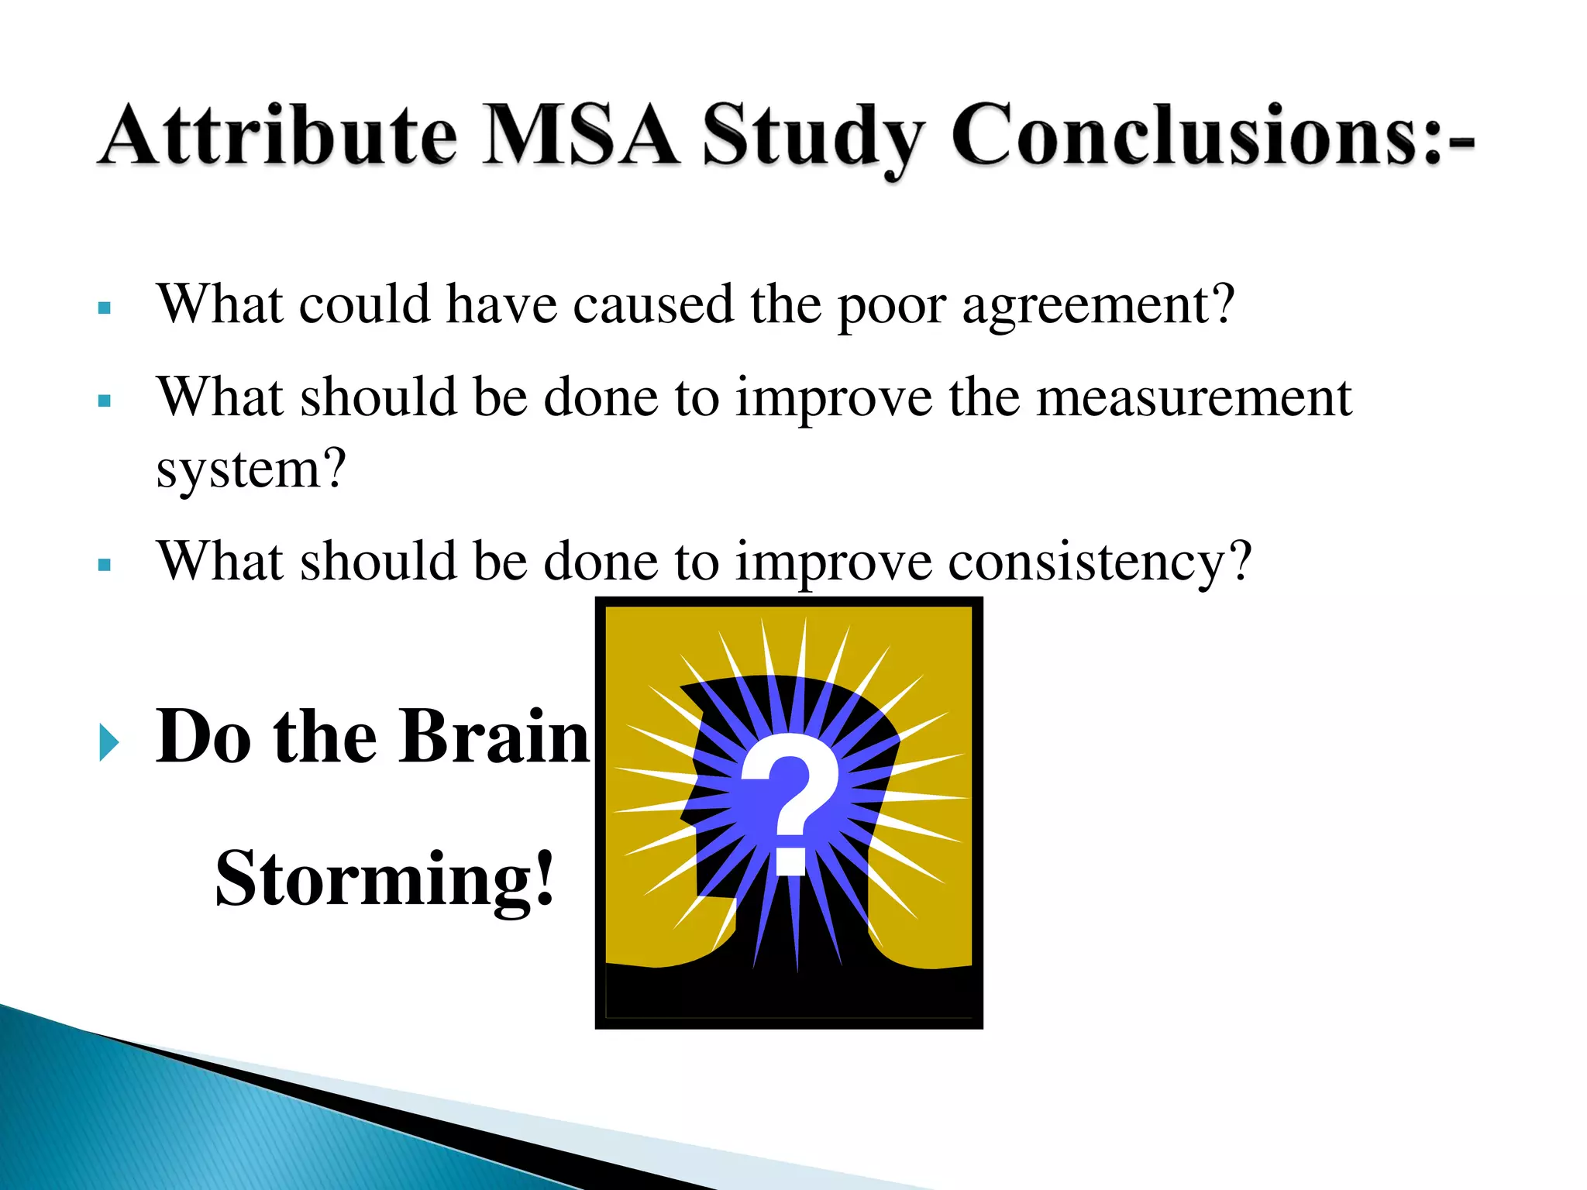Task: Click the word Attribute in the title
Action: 278,136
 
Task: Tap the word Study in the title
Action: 813,138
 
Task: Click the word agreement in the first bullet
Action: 1097,306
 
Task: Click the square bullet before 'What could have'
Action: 105,308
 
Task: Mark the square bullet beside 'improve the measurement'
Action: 105,401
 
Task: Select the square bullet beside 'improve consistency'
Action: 105,566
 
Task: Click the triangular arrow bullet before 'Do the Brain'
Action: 109,743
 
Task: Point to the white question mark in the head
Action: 790,790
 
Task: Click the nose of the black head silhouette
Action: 687,813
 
